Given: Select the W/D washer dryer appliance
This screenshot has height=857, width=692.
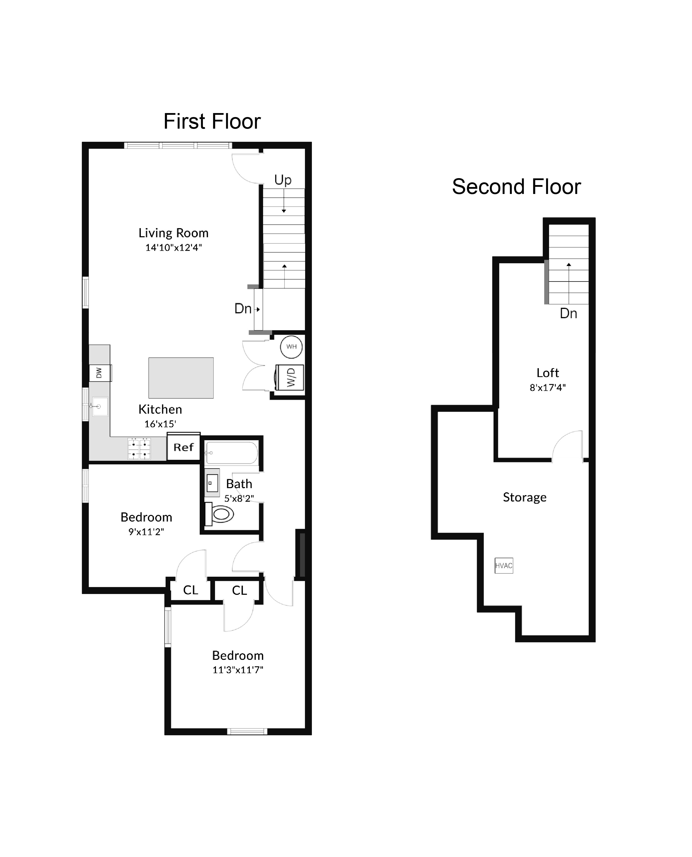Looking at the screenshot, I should pyautogui.click(x=290, y=378).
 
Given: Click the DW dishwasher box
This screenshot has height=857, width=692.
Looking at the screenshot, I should pyautogui.click(x=99, y=373).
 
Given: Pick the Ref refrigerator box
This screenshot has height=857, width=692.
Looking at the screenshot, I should pyautogui.click(x=183, y=447).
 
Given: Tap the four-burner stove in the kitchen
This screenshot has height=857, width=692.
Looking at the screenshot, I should pyautogui.click(x=139, y=449).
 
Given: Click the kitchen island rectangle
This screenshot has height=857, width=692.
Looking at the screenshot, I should pyautogui.click(x=181, y=378).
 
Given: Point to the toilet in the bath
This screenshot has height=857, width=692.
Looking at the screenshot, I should pyautogui.click(x=220, y=514).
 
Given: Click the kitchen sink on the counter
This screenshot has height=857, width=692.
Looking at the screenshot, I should pyautogui.click(x=100, y=406).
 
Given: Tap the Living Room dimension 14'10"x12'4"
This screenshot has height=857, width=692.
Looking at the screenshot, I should pyautogui.click(x=173, y=248).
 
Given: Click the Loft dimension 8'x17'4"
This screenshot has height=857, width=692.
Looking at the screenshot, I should pyautogui.click(x=547, y=387).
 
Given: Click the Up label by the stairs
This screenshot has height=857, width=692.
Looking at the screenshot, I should pyautogui.click(x=283, y=180).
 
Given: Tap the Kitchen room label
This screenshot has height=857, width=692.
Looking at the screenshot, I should pyautogui.click(x=160, y=409).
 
